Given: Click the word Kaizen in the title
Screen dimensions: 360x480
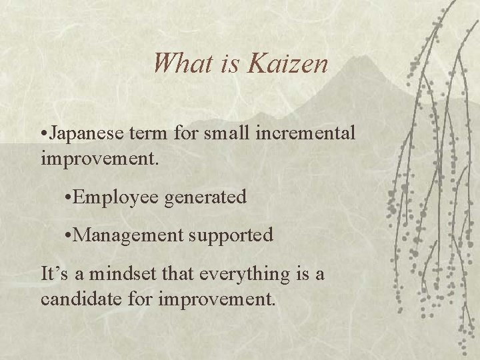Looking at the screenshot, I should (289, 65).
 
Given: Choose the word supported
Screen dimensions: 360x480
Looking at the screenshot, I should (231, 235).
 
